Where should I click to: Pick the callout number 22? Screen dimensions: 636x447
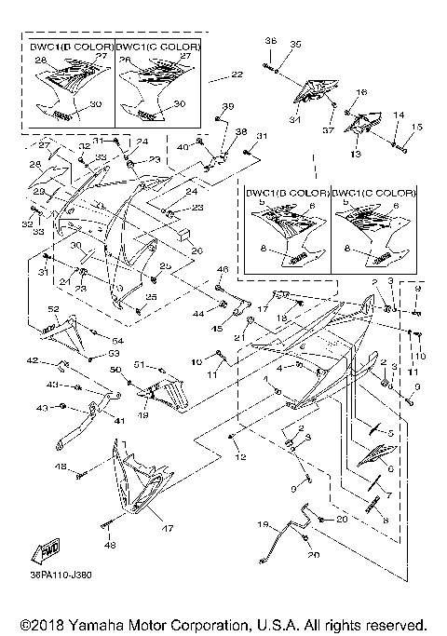click(x=237, y=74)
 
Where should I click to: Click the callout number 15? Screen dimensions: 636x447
click(x=418, y=127)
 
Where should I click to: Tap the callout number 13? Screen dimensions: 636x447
click(x=355, y=153)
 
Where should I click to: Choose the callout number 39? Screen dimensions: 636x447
click(x=228, y=106)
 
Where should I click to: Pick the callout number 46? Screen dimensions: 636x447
click(x=222, y=270)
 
